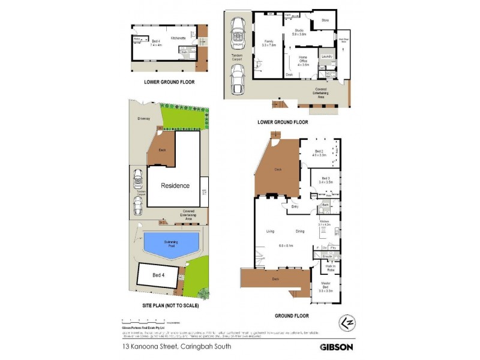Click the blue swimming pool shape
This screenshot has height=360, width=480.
click(172, 244)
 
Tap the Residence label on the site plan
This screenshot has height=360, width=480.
click(175, 185)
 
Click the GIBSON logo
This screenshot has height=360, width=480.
click(336, 346)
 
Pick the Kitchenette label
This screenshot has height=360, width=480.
click(178, 38)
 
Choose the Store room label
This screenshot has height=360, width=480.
click(325, 20)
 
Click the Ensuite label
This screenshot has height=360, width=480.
click(327, 256)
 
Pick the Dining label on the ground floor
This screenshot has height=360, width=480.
click(300, 231)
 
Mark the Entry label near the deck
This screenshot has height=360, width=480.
click(295, 207)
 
